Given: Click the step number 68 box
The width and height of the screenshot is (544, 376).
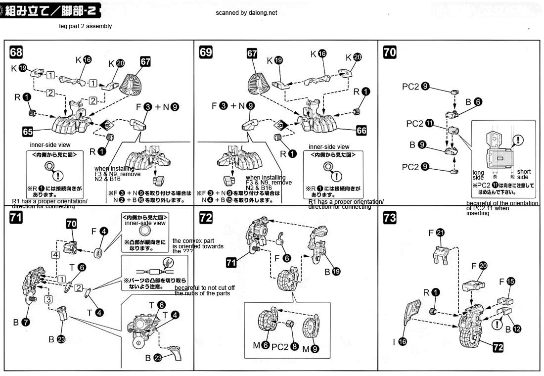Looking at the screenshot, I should click(16, 52).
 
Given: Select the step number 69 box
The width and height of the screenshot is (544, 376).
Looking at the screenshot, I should click(205, 52).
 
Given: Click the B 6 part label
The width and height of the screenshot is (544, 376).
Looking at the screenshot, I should click(472, 102).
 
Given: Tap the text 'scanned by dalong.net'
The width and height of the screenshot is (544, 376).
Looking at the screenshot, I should click(246, 13).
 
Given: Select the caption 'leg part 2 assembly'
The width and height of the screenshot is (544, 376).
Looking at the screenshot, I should click(85, 26).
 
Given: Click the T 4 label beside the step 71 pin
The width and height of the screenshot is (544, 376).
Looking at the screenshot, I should click(95, 312).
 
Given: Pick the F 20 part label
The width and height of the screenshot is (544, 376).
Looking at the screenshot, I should click(479, 266).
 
